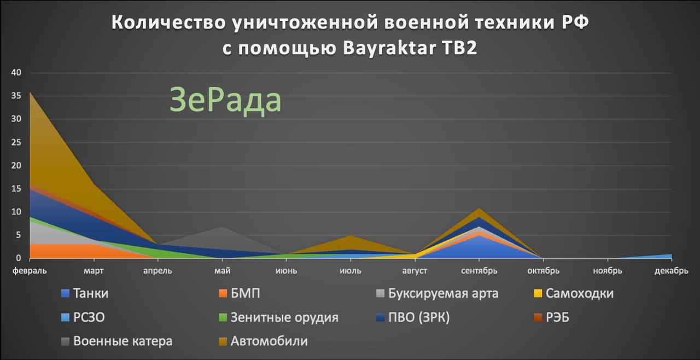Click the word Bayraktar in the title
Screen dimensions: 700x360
coord(389,48)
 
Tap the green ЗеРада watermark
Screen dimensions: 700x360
coord(225,100)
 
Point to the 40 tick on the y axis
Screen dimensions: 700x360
coord(16,73)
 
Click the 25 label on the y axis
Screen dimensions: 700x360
coord(16,142)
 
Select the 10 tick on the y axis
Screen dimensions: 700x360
coord(16,212)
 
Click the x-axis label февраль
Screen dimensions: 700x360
coord(30,271)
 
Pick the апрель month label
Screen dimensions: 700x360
coord(158,271)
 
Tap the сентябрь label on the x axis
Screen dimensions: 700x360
coord(479,271)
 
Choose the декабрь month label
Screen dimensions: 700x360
coord(671,271)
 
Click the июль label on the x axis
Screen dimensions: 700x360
coord(351,271)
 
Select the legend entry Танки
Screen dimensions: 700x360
coord(85,293)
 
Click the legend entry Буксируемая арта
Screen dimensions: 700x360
coord(437,293)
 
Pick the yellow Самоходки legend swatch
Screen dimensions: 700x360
coord(538,293)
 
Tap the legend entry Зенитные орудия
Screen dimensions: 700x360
coord(279,317)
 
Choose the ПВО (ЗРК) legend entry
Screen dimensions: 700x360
coord(413,317)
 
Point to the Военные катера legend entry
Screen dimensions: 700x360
coord(117,341)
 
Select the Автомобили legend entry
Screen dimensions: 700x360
coord(264,341)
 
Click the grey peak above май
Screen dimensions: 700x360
coord(222,227)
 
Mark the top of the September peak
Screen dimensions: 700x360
coord(479,208)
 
